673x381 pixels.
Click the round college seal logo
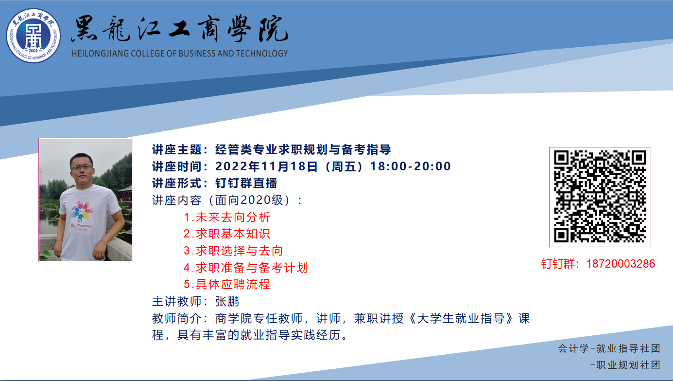point(34,36)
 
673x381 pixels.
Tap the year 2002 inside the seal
point(33,51)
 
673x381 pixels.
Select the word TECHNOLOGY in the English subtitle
point(262,54)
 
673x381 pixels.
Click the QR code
point(600,197)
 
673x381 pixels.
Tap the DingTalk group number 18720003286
point(621,264)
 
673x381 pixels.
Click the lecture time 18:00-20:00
point(411,166)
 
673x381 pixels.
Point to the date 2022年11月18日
point(266,166)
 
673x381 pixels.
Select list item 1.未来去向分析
point(227,217)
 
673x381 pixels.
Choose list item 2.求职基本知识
point(227,234)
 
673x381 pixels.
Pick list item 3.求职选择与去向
point(233,251)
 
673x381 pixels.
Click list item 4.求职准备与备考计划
point(246,268)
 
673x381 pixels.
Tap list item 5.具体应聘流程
point(227,284)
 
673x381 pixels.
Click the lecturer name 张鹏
point(227,301)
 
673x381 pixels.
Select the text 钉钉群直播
point(246,183)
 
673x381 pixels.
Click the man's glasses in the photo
point(82,167)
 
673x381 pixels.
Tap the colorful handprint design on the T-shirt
point(82,211)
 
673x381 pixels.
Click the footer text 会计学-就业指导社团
point(609,348)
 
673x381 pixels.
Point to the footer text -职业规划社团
point(625,365)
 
